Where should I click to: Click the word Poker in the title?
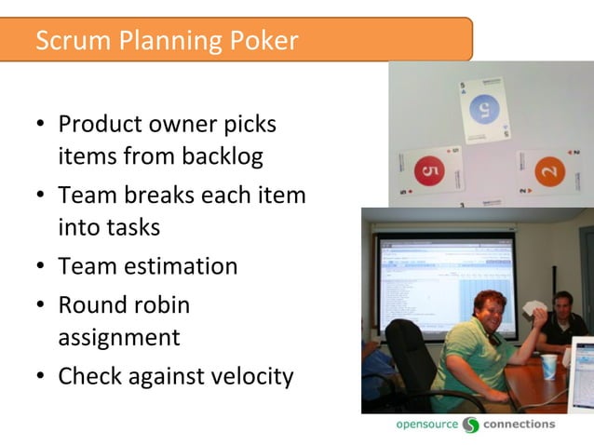click(264, 41)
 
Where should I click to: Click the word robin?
click(160, 304)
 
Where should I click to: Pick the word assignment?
click(118, 336)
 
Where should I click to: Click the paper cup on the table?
click(548, 366)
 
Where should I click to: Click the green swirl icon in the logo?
click(471, 425)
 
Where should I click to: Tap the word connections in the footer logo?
click(519, 425)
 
